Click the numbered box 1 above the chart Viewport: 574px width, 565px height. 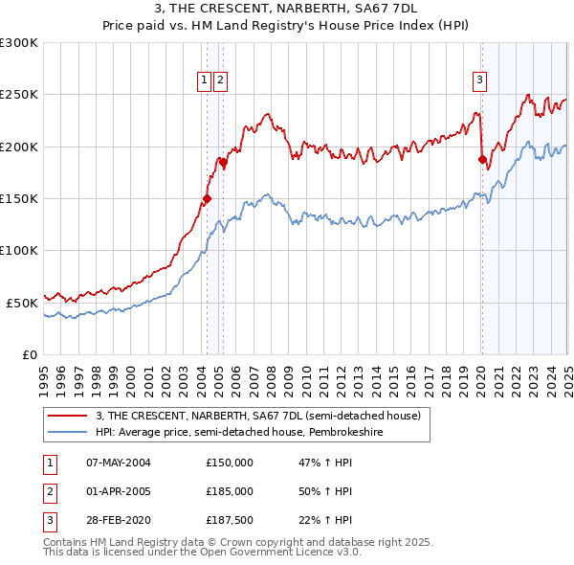pos(205,80)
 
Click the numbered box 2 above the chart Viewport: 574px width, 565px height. pos(221,80)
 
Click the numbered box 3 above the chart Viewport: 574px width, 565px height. pos(480,80)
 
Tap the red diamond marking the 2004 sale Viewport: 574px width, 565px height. pos(207,199)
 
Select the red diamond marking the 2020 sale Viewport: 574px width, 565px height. pos(482,160)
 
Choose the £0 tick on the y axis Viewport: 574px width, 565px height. pos(29,354)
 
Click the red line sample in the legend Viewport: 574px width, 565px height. pos(68,416)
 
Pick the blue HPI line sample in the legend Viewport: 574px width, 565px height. pos(68,432)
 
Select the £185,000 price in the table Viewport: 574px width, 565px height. pos(230,491)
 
